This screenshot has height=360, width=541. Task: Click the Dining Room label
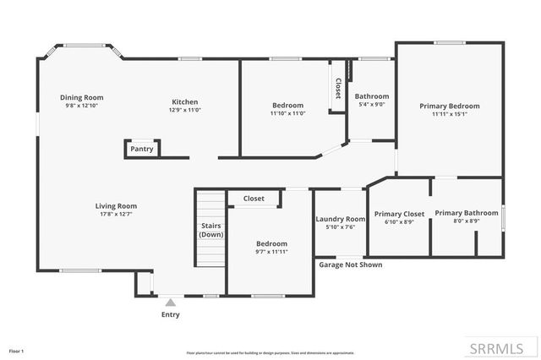pos(81,96)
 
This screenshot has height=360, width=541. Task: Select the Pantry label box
pos(142,149)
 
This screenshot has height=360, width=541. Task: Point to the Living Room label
pos(116,205)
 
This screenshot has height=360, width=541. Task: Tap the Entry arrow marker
pos(171,302)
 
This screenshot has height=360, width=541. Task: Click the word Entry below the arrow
pos(171,314)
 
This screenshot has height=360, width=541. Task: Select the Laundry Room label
pos(341,219)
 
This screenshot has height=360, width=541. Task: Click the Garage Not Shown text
pos(350,265)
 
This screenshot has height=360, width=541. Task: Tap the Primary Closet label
pos(399,214)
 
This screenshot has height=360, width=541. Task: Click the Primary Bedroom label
pos(450,106)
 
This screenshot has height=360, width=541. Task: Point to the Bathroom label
pos(372,96)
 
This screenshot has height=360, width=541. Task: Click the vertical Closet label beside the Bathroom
pos(338,87)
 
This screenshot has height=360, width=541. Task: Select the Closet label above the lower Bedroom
pos(254,199)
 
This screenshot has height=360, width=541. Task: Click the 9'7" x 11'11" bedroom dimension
pos(272,252)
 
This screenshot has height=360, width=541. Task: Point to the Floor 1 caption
pos(17,350)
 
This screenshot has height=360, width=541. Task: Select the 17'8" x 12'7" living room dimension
pos(116,214)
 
